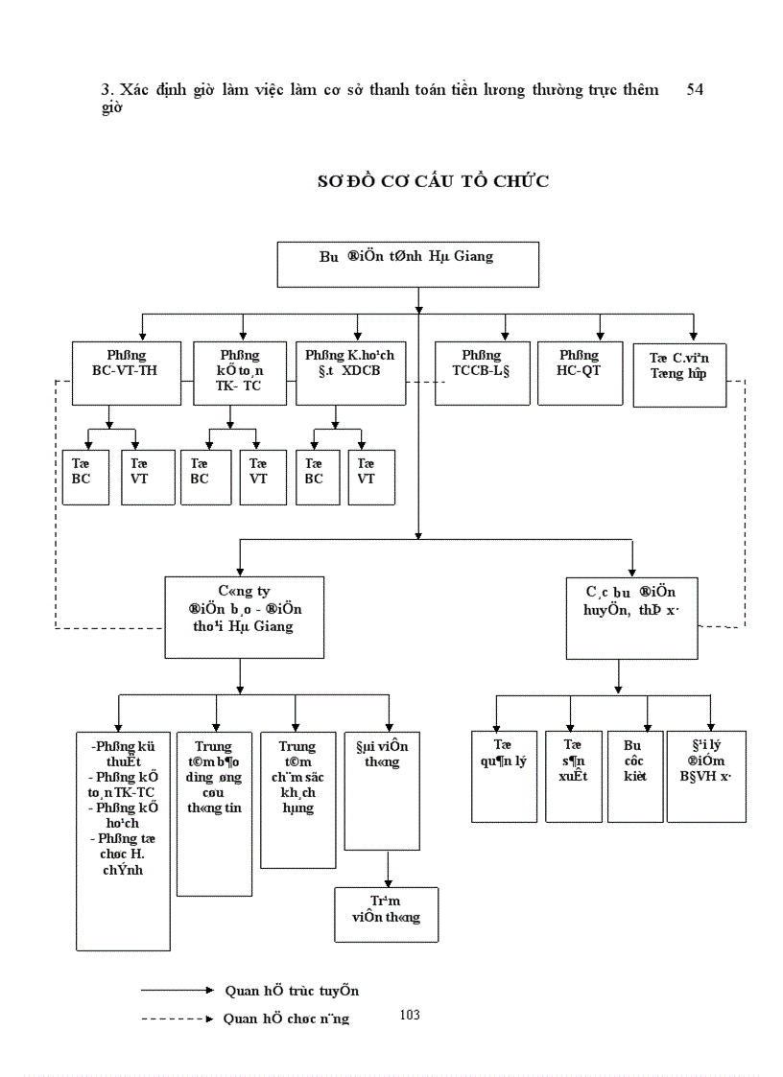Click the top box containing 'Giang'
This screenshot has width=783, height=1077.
point(407,264)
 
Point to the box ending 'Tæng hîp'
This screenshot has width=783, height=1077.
point(679,374)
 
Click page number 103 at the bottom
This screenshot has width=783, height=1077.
point(410,1015)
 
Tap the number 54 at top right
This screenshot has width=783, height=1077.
point(696,89)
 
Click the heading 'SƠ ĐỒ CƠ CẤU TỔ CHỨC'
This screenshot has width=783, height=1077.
point(433,181)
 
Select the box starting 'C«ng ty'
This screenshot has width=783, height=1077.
point(244,617)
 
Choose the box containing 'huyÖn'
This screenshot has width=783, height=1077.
point(631,617)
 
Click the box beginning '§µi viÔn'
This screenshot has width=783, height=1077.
point(388,789)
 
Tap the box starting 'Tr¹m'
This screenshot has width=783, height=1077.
point(386,914)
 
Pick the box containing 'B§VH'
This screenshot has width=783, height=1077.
point(705,775)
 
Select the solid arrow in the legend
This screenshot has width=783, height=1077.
point(178,990)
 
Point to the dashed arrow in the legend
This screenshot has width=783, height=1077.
point(178,1019)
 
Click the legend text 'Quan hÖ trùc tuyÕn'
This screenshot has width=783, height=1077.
point(292,991)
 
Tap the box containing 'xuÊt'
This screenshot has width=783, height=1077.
point(573,775)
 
